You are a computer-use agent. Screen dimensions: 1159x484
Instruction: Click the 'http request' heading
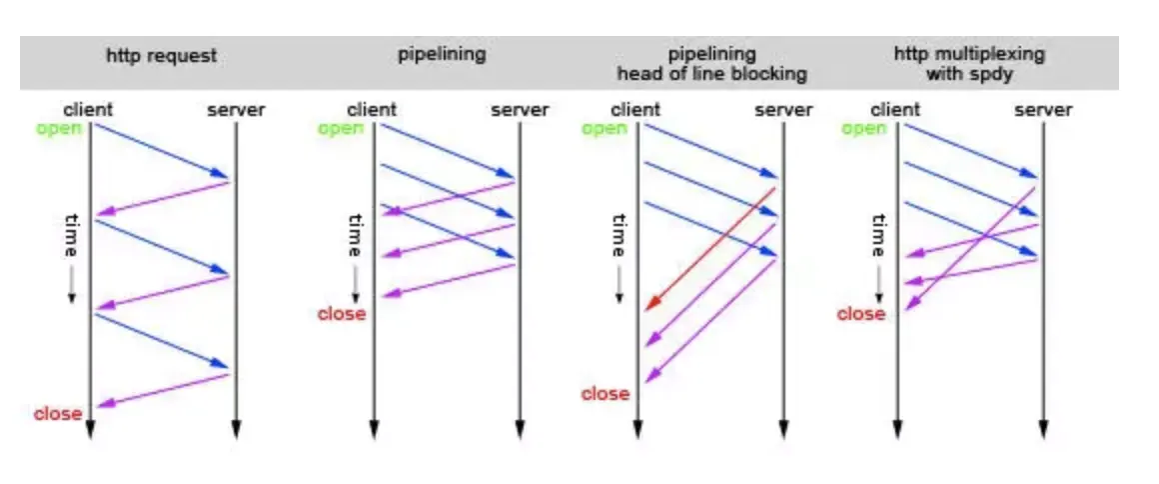click(161, 57)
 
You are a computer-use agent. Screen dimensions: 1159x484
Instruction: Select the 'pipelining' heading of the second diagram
click(442, 55)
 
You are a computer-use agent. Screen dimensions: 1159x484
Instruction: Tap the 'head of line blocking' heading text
click(711, 74)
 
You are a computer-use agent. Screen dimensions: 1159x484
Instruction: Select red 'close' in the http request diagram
click(58, 413)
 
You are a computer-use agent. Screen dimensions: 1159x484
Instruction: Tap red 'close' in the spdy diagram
click(861, 314)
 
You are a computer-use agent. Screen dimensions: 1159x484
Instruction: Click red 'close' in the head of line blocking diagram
click(605, 394)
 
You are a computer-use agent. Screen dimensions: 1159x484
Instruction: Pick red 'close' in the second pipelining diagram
click(342, 314)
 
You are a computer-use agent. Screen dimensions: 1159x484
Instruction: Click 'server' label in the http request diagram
click(236, 110)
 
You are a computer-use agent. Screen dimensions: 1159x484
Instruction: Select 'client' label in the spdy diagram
click(895, 110)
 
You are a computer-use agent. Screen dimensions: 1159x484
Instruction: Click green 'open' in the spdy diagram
click(863, 128)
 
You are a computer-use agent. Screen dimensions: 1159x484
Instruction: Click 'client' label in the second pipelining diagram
click(372, 110)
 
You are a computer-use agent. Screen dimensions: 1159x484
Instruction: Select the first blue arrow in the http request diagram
click(162, 151)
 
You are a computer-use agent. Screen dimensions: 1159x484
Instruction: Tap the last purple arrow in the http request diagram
click(164, 390)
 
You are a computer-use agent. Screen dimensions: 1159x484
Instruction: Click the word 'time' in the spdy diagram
click(878, 236)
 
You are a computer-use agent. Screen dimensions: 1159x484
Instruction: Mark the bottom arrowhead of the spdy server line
click(1042, 430)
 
